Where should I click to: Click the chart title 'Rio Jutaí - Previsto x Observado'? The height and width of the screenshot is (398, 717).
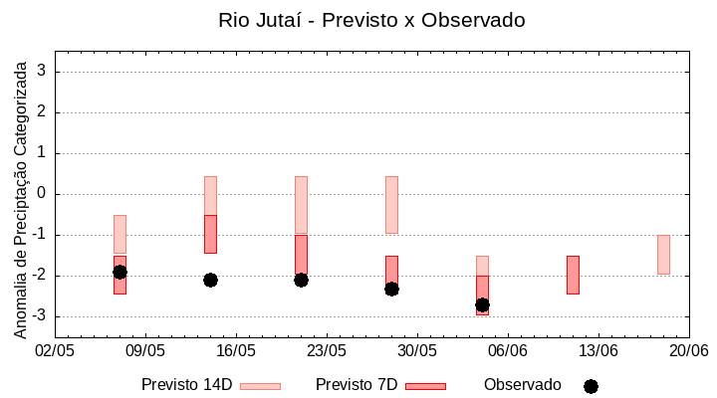pyautogui.click(x=371, y=20)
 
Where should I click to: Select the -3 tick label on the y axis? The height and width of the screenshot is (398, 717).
pyautogui.click(x=40, y=316)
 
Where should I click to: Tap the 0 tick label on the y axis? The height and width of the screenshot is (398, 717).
pyautogui.click(x=43, y=194)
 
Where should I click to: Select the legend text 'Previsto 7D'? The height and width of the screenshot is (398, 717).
pyautogui.click(x=357, y=385)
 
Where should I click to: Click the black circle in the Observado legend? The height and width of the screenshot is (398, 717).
pyautogui.click(x=591, y=386)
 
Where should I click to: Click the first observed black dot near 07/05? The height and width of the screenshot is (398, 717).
pyautogui.click(x=119, y=272)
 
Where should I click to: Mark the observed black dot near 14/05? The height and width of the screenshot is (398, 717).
pyautogui.click(x=210, y=280)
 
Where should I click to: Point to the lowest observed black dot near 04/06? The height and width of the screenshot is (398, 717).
pyautogui.click(x=482, y=304)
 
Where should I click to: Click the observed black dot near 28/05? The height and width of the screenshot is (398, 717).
pyautogui.click(x=391, y=289)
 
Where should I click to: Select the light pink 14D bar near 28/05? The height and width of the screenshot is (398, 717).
pyautogui.click(x=391, y=204)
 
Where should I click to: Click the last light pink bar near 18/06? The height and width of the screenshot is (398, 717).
pyautogui.click(x=663, y=254)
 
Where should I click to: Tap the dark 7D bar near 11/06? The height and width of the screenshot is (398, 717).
pyautogui.click(x=573, y=275)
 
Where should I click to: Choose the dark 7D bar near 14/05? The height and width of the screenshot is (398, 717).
pyautogui.click(x=210, y=234)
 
